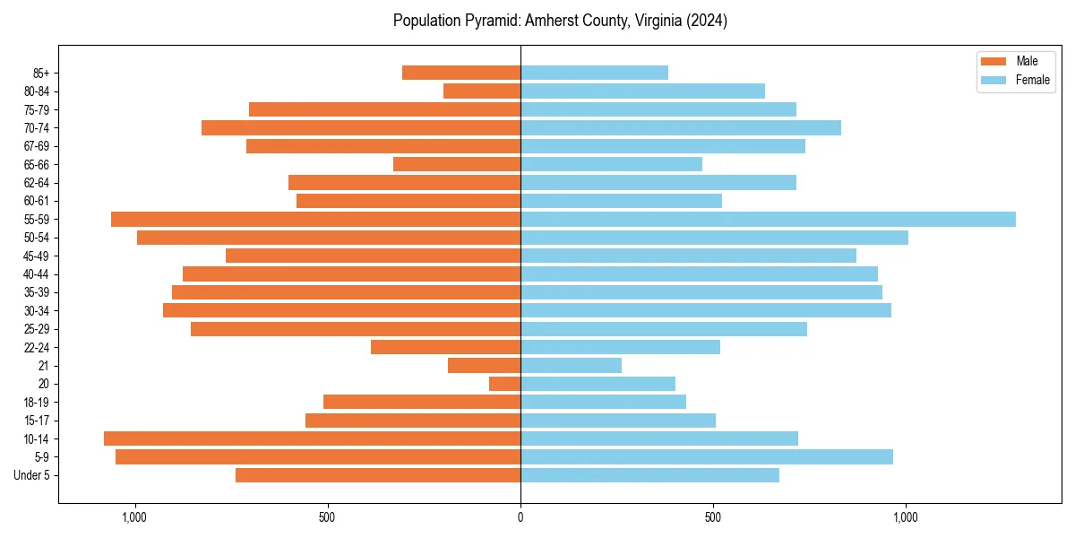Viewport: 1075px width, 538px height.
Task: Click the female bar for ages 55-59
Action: click(768, 219)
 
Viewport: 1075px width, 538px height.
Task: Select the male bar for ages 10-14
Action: click(312, 438)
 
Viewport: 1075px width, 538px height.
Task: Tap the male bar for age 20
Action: click(505, 384)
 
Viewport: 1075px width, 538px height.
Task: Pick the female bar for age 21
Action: click(571, 365)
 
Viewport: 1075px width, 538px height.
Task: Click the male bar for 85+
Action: click(461, 73)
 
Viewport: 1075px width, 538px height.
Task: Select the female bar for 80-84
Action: click(642, 91)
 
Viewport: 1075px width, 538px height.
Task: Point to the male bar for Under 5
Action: click(378, 475)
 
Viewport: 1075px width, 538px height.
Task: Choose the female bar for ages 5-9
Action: click(706, 456)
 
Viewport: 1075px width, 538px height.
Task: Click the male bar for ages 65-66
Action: click(457, 164)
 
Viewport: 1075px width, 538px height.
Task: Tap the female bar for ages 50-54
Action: click(714, 238)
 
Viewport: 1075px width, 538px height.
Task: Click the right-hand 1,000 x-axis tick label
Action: click(906, 517)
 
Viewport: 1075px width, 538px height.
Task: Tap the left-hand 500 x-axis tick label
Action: click(327, 517)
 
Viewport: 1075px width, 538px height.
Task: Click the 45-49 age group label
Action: click(37, 256)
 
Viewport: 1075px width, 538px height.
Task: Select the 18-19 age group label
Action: click(37, 402)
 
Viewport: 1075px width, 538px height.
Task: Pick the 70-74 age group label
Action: click(37, 127)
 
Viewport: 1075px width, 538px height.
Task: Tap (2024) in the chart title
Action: click(705, 21)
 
